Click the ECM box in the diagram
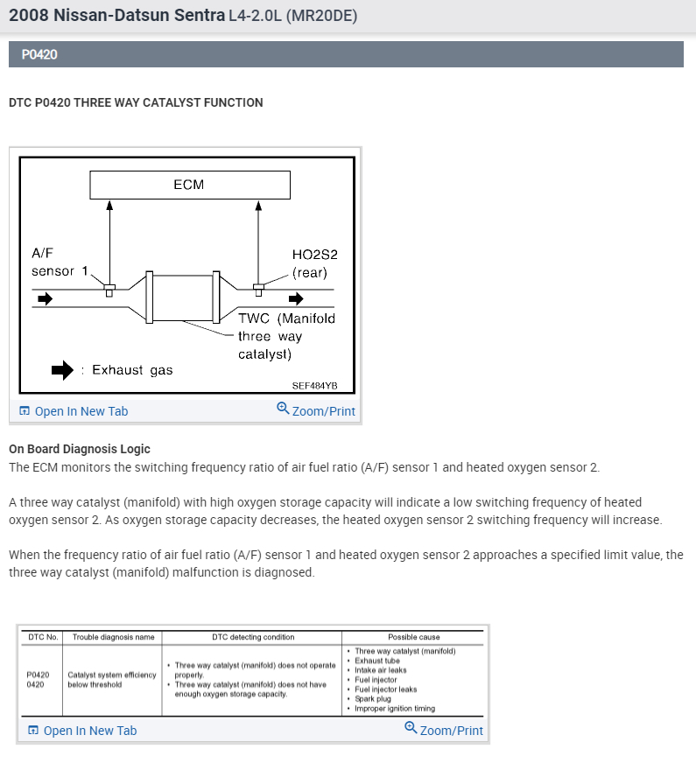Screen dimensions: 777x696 coord(189,185)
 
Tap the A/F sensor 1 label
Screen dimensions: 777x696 coord(53,262)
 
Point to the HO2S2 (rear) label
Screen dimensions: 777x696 coord(314,262)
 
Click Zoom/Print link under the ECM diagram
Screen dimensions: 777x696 coord(316,410)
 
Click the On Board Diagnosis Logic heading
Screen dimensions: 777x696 coord(80,449)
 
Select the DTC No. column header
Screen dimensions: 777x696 coord(42,637)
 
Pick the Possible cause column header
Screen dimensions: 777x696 coord(413,637)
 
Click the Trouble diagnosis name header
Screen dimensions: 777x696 coord(113,637)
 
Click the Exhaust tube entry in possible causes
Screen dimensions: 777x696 coord(377,661)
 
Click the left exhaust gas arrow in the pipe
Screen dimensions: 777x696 coord(43,299)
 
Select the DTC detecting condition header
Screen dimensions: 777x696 coord(253,637)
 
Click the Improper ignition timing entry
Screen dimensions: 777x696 coord(395,709)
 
